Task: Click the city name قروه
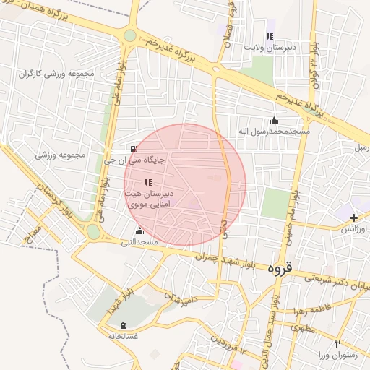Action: (x=280, y=267)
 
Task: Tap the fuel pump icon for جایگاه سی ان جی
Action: (x=132, y=149)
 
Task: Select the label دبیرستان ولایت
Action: (x=270, y=47)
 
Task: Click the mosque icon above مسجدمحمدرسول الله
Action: (x=273, y=120)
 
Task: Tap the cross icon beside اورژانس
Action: (x=353, y=217)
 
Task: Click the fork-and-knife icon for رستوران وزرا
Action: (x=337, y=344)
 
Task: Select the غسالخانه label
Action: (x=122, y=336)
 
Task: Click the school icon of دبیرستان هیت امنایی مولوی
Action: (x=148, y=182)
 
